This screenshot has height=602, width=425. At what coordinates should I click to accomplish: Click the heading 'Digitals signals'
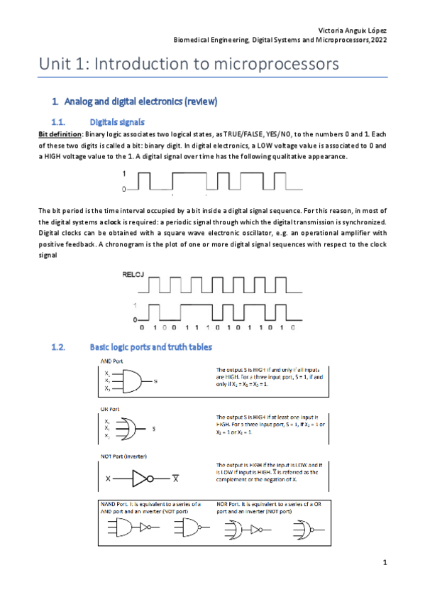(118, 122)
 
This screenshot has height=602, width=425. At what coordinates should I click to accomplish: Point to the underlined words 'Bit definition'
(60, 135)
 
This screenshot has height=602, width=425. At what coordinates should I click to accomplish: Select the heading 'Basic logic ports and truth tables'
(150, 348)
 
